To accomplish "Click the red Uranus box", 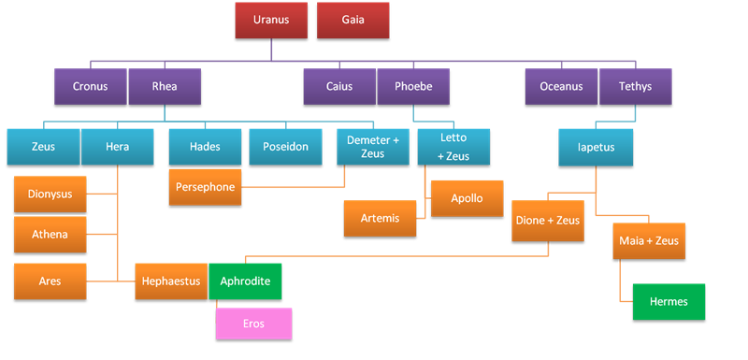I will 271,20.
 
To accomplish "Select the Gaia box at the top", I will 352,20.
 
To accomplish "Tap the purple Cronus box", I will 91,87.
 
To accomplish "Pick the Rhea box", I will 165,87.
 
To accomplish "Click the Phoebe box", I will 412,87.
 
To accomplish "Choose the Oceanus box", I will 561,87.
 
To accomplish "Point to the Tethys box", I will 635,87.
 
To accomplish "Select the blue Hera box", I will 118,147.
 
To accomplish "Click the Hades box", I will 205,147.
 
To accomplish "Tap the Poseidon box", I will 285,147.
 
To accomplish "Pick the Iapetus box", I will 595,147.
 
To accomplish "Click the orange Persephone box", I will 205,187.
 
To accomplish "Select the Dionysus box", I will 50,194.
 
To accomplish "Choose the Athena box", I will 50,234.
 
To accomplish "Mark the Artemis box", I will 380,218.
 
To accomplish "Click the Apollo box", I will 467,198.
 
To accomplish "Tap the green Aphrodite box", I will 245,281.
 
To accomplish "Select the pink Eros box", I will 253,324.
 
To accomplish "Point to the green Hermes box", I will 669,301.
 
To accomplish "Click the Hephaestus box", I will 172,281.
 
